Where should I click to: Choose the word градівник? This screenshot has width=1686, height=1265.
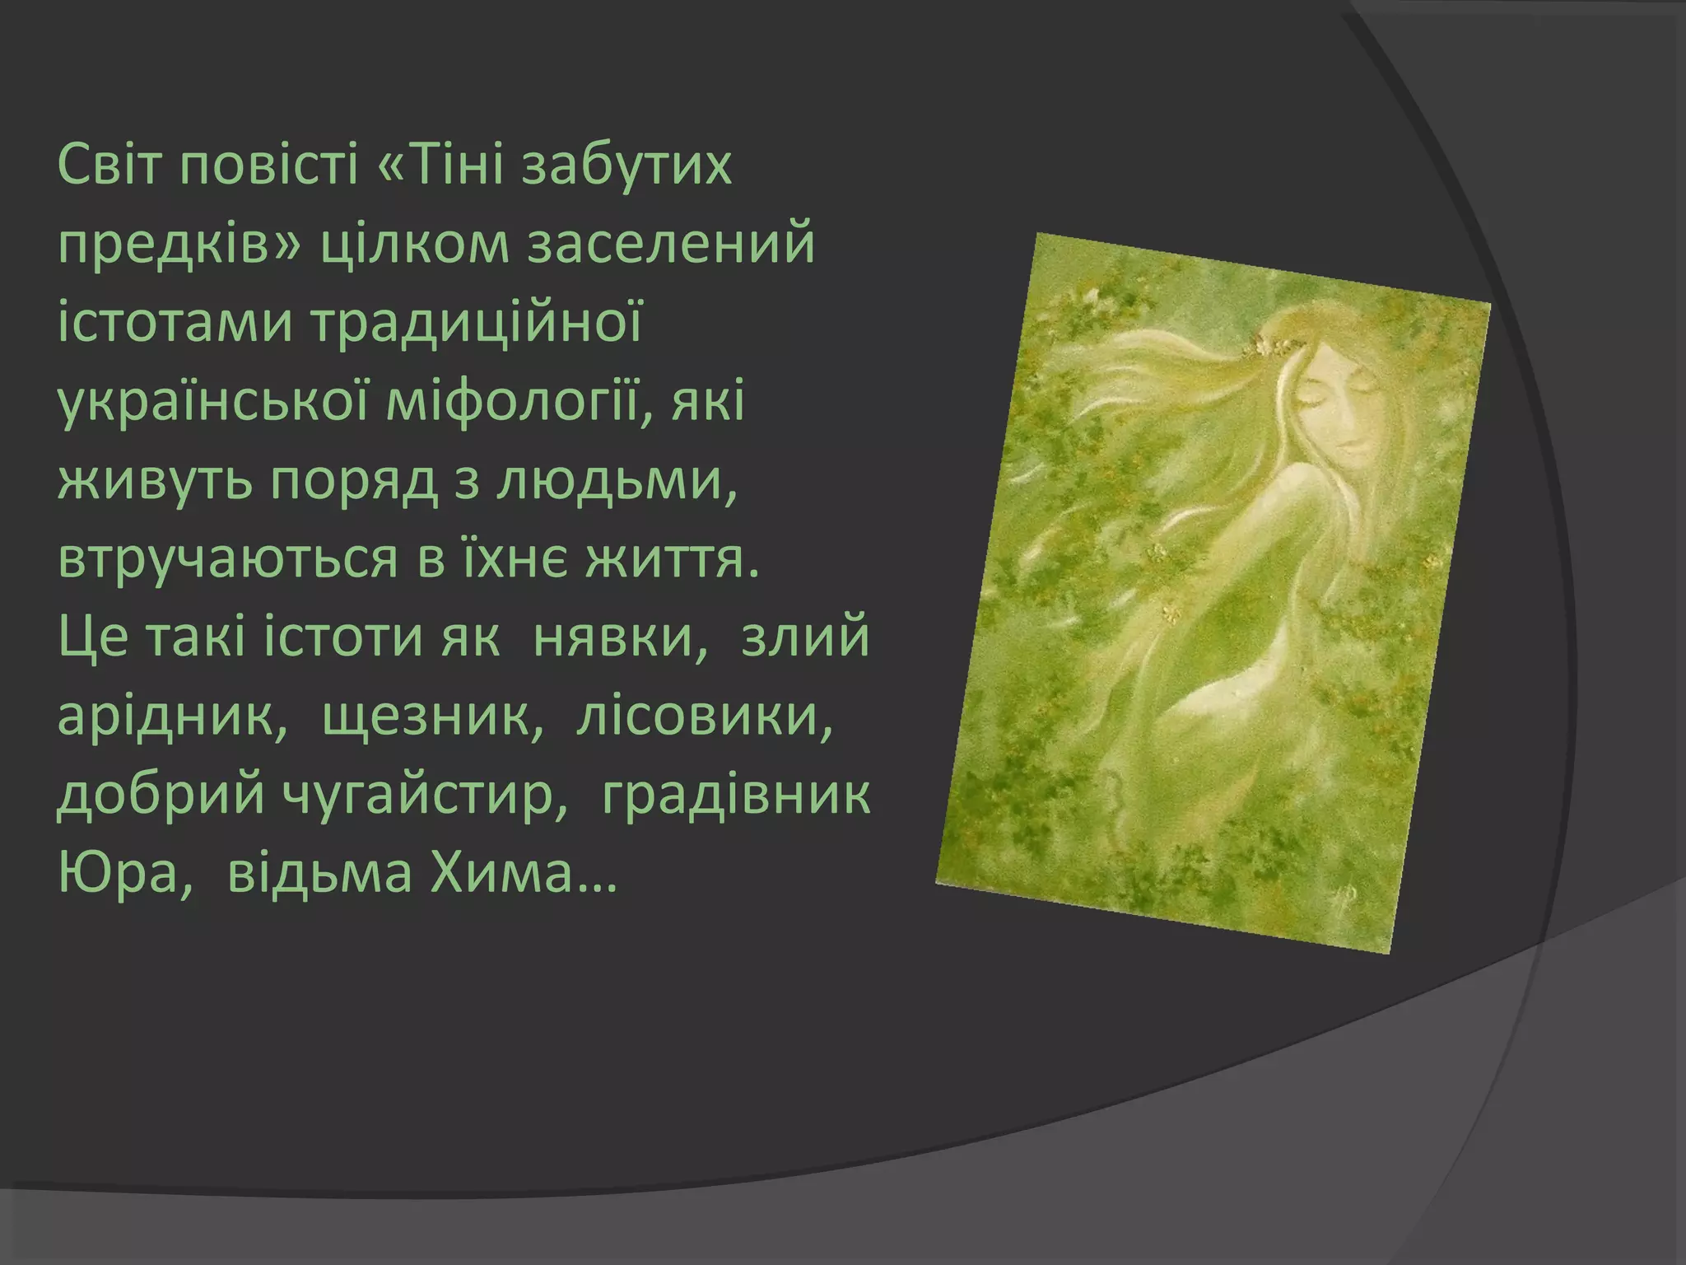coord(735,796)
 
